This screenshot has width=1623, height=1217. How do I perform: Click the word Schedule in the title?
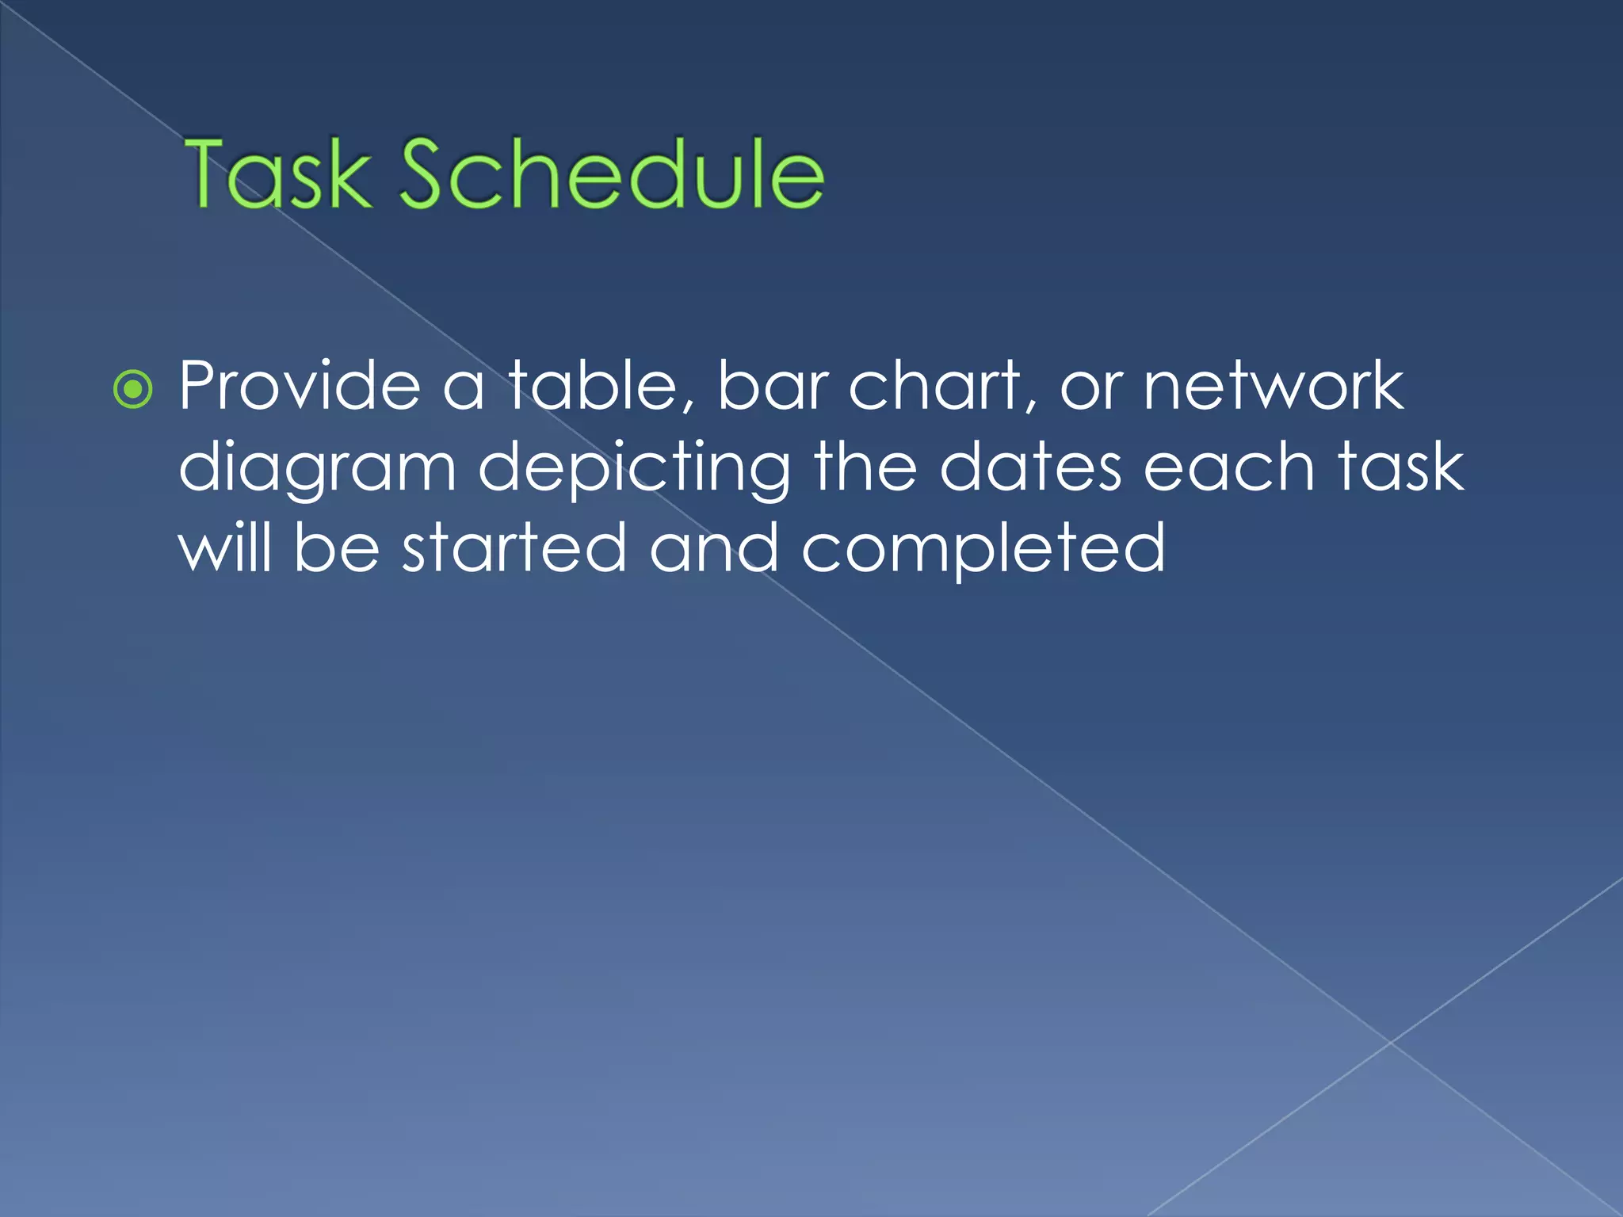611,174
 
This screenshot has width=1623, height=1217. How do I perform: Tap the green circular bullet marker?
132,390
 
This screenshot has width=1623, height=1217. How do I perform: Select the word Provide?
300,386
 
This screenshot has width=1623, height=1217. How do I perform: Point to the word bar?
772,386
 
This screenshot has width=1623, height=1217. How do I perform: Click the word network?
1274,386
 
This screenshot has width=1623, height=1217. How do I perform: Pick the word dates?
1030,467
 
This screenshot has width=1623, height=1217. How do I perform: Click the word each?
1230,467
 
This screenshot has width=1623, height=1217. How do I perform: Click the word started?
514,548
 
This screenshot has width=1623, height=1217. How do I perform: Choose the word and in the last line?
714,548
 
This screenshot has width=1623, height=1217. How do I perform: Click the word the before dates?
865,467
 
